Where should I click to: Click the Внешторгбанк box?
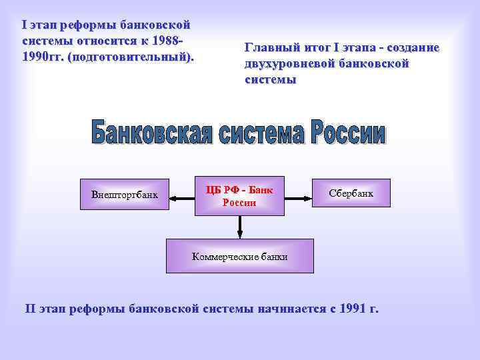click(x=125, y=195)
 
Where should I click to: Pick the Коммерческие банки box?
click(x=239, y=256)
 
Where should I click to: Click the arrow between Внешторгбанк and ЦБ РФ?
click(x=182, y=196)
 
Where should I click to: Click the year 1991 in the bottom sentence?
click(x=352, y=308)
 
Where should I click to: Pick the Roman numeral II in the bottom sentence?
click(x=31, y=308)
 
